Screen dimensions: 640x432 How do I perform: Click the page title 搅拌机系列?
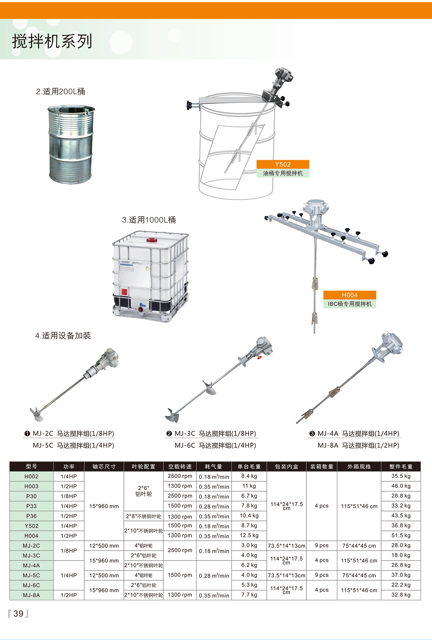tap(53, 41)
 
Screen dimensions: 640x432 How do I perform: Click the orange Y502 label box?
tap(283, 164)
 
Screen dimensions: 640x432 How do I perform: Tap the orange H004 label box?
tap(350, 295)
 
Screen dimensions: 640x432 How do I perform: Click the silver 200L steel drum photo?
tap(71, 144)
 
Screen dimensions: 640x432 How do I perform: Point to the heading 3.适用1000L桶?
tap(149, 220)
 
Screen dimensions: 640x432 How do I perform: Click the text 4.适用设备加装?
tap(63, 335)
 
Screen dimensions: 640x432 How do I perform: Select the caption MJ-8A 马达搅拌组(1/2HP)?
tap(358, 445)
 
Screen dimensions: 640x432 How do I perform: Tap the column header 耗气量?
tap(213, 467)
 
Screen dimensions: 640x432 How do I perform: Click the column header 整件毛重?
tap(401, 467)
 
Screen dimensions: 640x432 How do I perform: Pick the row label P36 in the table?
tap(31, 516)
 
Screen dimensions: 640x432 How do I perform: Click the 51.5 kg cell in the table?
tap(401, 535)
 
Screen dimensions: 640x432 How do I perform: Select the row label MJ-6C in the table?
tap(31, 585)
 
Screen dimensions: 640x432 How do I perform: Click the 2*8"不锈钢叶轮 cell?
tap(143, 516)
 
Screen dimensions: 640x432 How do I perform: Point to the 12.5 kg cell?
tap(249, 535)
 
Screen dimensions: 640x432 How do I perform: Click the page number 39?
tap(18, 613)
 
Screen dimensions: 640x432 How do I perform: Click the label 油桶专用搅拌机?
tap(283, 173)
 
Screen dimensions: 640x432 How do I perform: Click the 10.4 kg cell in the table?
tap(249, 515)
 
